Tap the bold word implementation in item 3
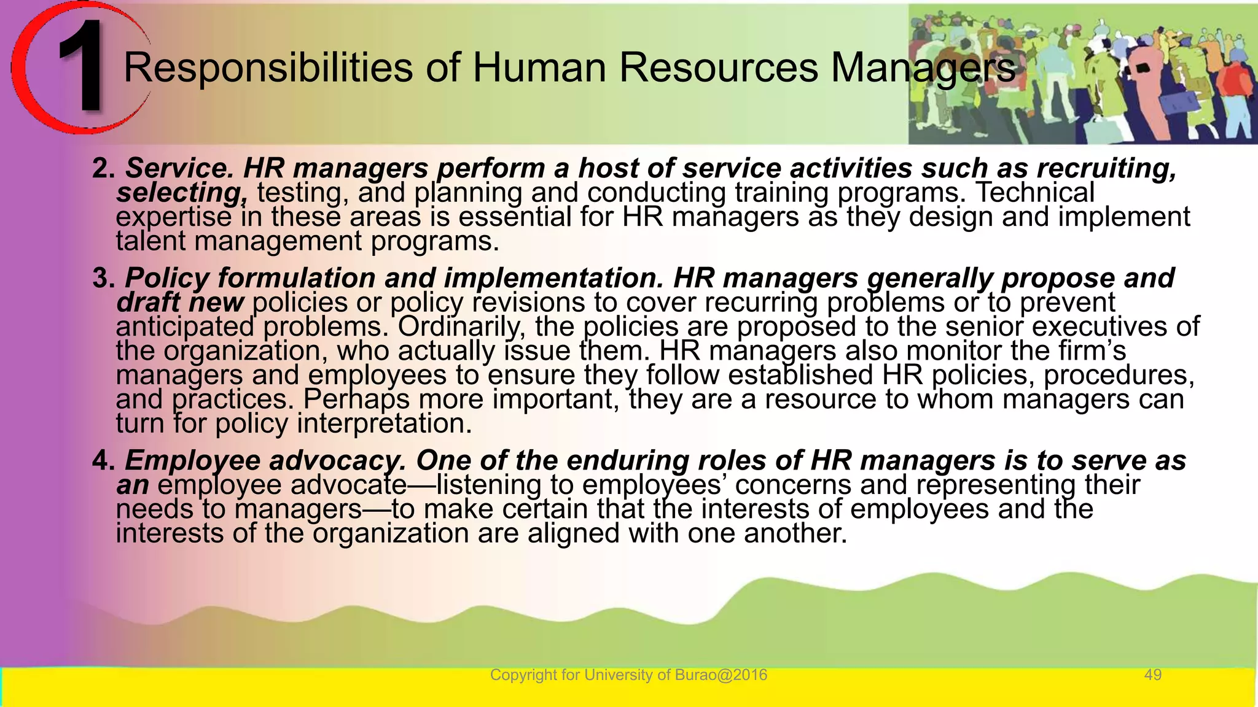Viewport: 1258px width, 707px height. pos(553,278)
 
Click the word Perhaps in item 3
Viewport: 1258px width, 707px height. pos(356,400)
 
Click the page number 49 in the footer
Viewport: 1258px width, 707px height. pos(1153,675)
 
